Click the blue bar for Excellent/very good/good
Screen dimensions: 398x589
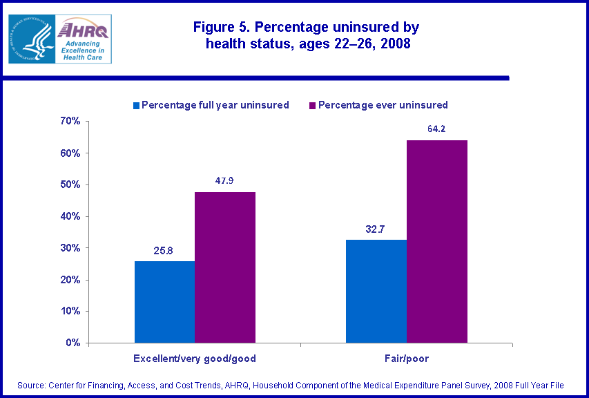(164, 301)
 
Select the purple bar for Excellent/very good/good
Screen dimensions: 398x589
(225, 267)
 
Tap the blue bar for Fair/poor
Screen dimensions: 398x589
(376, 290)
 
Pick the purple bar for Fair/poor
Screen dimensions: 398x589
(436, 241)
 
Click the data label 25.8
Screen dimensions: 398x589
(164, 249)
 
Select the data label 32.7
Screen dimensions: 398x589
(376, 227)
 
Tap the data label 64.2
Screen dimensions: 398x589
(436, 129)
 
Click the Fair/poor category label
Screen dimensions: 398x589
(406, 359)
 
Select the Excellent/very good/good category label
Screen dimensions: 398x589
(195, 359)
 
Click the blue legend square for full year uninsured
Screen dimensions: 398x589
(137, 106)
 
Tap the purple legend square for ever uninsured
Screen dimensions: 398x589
(313, 106)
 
